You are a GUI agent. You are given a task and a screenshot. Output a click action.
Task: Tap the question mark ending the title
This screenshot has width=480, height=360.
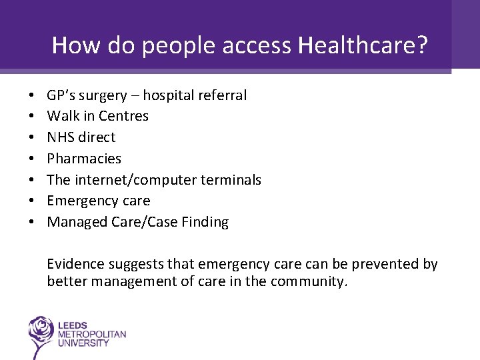pos(422,45)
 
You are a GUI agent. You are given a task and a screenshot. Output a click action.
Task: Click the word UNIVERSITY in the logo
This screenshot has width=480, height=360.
pos(84,343)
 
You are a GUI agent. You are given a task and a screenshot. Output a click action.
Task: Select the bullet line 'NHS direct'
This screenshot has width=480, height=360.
pos(81,137)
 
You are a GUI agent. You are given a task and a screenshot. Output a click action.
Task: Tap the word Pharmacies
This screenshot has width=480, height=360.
pos(84,159)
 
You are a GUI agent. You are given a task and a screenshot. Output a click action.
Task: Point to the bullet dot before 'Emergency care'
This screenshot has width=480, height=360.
pos(32,201)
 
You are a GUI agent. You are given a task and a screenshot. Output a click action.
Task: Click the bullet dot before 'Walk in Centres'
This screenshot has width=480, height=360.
pos(32,117)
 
